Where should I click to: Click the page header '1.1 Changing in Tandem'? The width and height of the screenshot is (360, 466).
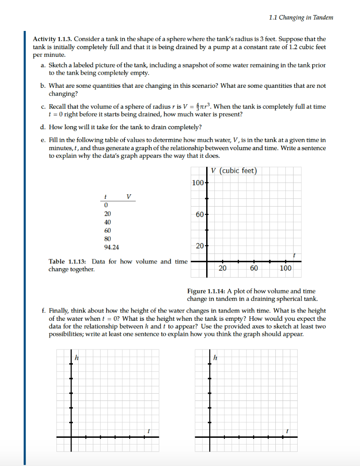click(301, 18)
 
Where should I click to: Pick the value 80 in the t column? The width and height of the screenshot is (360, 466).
click(108, 238)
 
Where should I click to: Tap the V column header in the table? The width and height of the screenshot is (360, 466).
click(128, 197)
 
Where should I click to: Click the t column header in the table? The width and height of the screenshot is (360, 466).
click(105, 197)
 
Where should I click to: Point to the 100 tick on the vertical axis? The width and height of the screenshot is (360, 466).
click(198, 183)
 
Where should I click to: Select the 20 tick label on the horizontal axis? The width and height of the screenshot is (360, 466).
click(223, 268)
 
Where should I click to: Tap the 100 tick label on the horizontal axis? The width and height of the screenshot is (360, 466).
click(285, 268)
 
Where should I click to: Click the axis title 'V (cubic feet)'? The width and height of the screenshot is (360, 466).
click(233, 171)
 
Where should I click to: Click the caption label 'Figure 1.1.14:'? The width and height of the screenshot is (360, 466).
click(206, 291)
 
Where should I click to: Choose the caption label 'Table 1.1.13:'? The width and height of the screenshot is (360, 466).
click(68, 262)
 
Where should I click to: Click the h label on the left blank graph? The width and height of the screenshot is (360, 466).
click(77, 358)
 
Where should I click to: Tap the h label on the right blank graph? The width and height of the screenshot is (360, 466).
click(216, 358)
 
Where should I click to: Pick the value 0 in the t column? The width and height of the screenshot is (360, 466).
click(106, 205)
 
